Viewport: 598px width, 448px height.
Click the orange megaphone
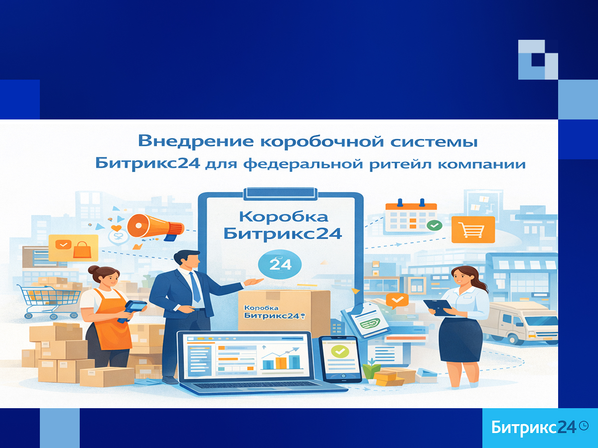click(x=155, y=227)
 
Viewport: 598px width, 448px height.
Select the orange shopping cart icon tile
click(x=473, y=229)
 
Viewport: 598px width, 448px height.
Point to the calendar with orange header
click(x=411, y=217)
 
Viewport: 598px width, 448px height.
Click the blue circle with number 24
click(x=280, y=264)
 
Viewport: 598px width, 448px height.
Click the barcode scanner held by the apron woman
click(x=134, y=310)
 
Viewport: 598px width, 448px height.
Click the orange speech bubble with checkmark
click(x=397, y=301)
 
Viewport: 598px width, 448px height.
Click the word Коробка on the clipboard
click(x=284, y=217)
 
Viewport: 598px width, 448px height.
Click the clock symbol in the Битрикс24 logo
click(x=584, y=426)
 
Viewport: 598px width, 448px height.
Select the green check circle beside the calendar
click(x=434, y=225)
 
